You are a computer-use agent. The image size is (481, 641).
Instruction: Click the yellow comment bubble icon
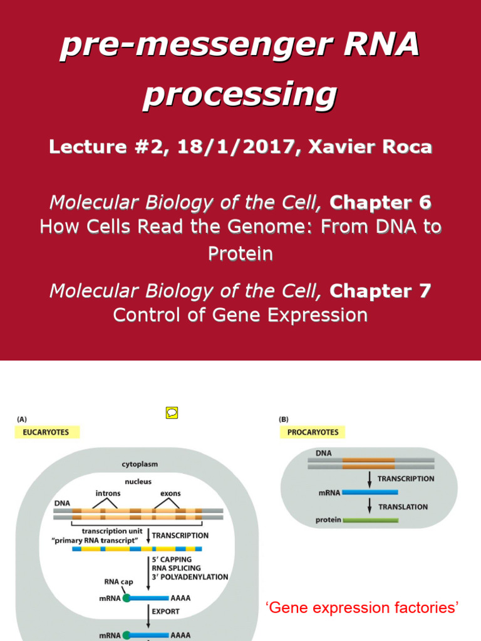point(172,413)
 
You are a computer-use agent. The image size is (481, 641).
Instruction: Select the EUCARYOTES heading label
point(43,433)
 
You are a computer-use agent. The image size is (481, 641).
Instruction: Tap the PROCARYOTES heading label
point(313,433)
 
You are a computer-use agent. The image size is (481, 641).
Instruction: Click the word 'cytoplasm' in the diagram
point(140,464)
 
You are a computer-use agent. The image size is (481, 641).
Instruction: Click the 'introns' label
point(108,493)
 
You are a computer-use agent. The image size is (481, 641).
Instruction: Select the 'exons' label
point(170,493)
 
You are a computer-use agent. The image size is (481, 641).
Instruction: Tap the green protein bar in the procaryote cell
point(369,520)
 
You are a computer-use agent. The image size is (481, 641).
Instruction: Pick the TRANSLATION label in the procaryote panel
point(403,507)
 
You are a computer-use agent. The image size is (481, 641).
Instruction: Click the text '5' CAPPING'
point(172,559)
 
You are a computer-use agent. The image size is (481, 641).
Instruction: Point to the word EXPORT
point(165,611)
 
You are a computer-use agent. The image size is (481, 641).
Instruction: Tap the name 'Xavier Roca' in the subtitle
point(382,147)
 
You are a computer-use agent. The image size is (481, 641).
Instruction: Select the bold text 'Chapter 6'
point(380,202)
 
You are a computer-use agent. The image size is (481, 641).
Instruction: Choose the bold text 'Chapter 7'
point(380,290)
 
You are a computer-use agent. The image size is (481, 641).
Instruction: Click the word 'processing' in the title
point(240,95)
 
